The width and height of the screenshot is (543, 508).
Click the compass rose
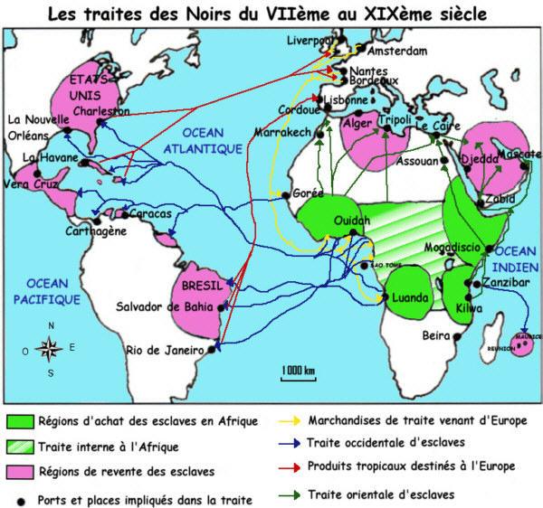tap(51, 347)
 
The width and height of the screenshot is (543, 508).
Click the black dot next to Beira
tap(457, 336)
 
